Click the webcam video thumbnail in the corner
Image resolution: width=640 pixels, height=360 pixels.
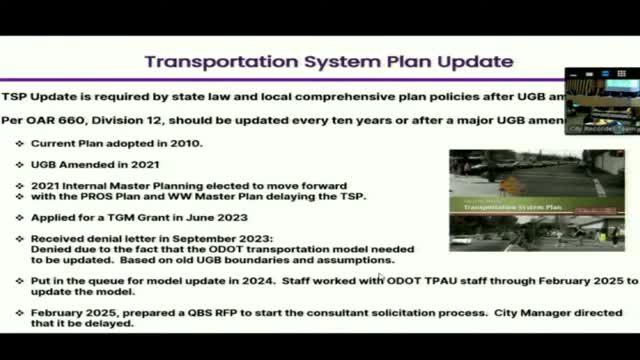(601, 101)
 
